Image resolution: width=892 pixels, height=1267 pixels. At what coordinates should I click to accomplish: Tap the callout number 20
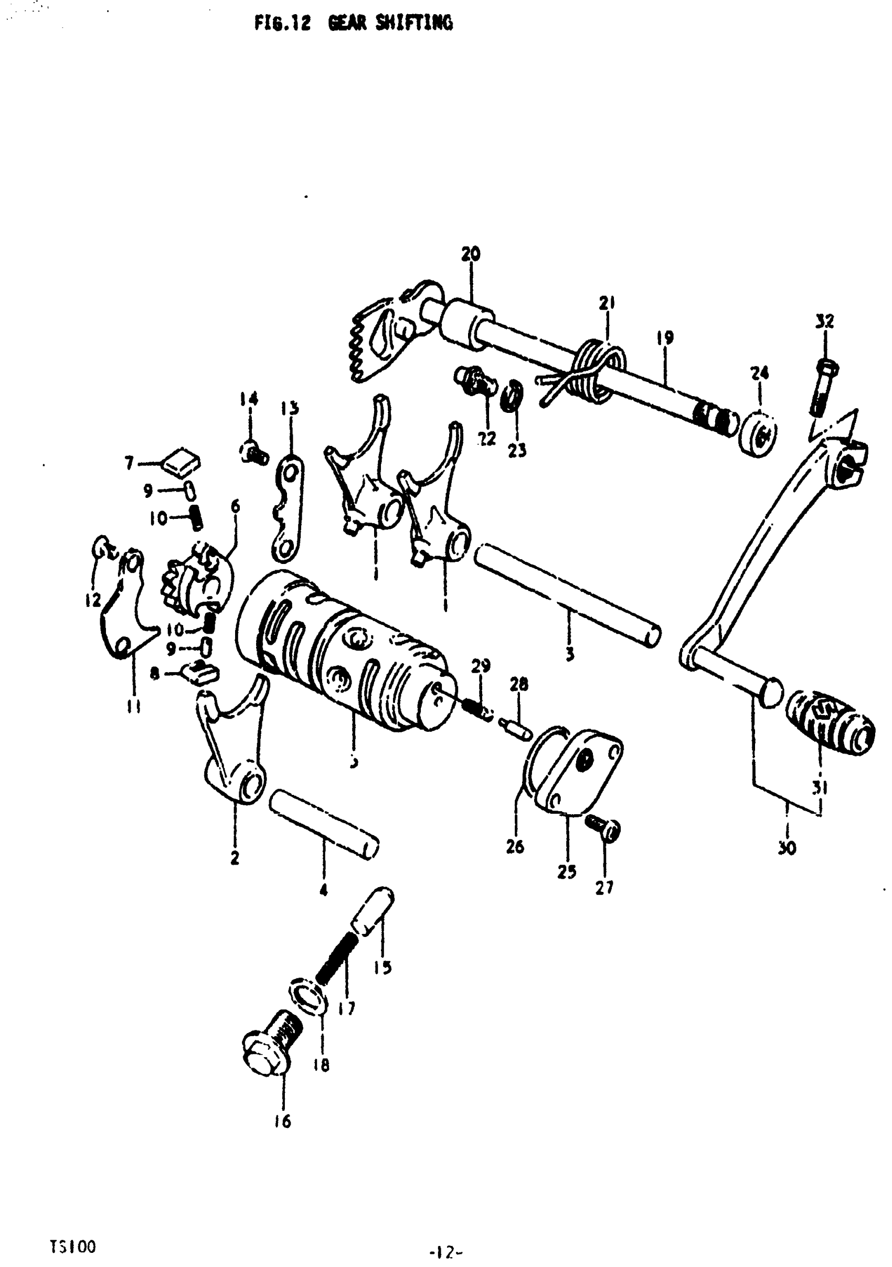[470, 254]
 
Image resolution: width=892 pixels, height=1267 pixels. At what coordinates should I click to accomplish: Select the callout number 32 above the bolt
[825, 321]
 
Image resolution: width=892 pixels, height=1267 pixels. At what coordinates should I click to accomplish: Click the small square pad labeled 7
[182, 461]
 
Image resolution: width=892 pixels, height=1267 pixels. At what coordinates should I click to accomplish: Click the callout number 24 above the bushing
[760, 374]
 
